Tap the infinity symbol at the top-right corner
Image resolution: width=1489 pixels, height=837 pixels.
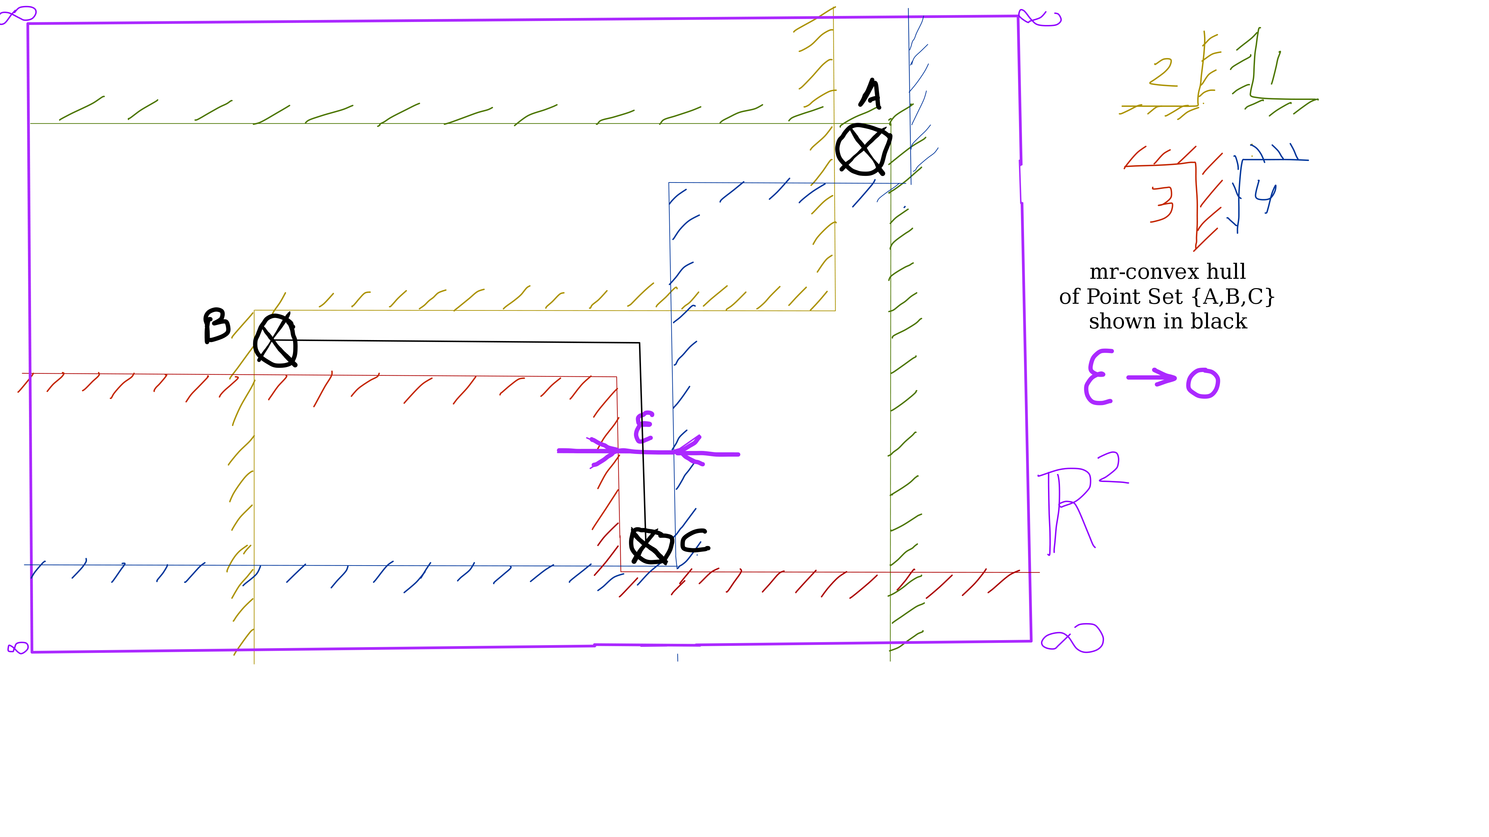click(x=1040, y=17)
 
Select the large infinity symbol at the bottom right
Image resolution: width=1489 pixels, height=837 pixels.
click(x=1072, y=638)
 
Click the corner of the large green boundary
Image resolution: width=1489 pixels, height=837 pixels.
click(x=890, y=123)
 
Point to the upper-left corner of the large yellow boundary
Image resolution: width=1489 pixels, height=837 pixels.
click(x=254, y=311)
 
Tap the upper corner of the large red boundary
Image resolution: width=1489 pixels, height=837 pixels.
click(x=617, y=377)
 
